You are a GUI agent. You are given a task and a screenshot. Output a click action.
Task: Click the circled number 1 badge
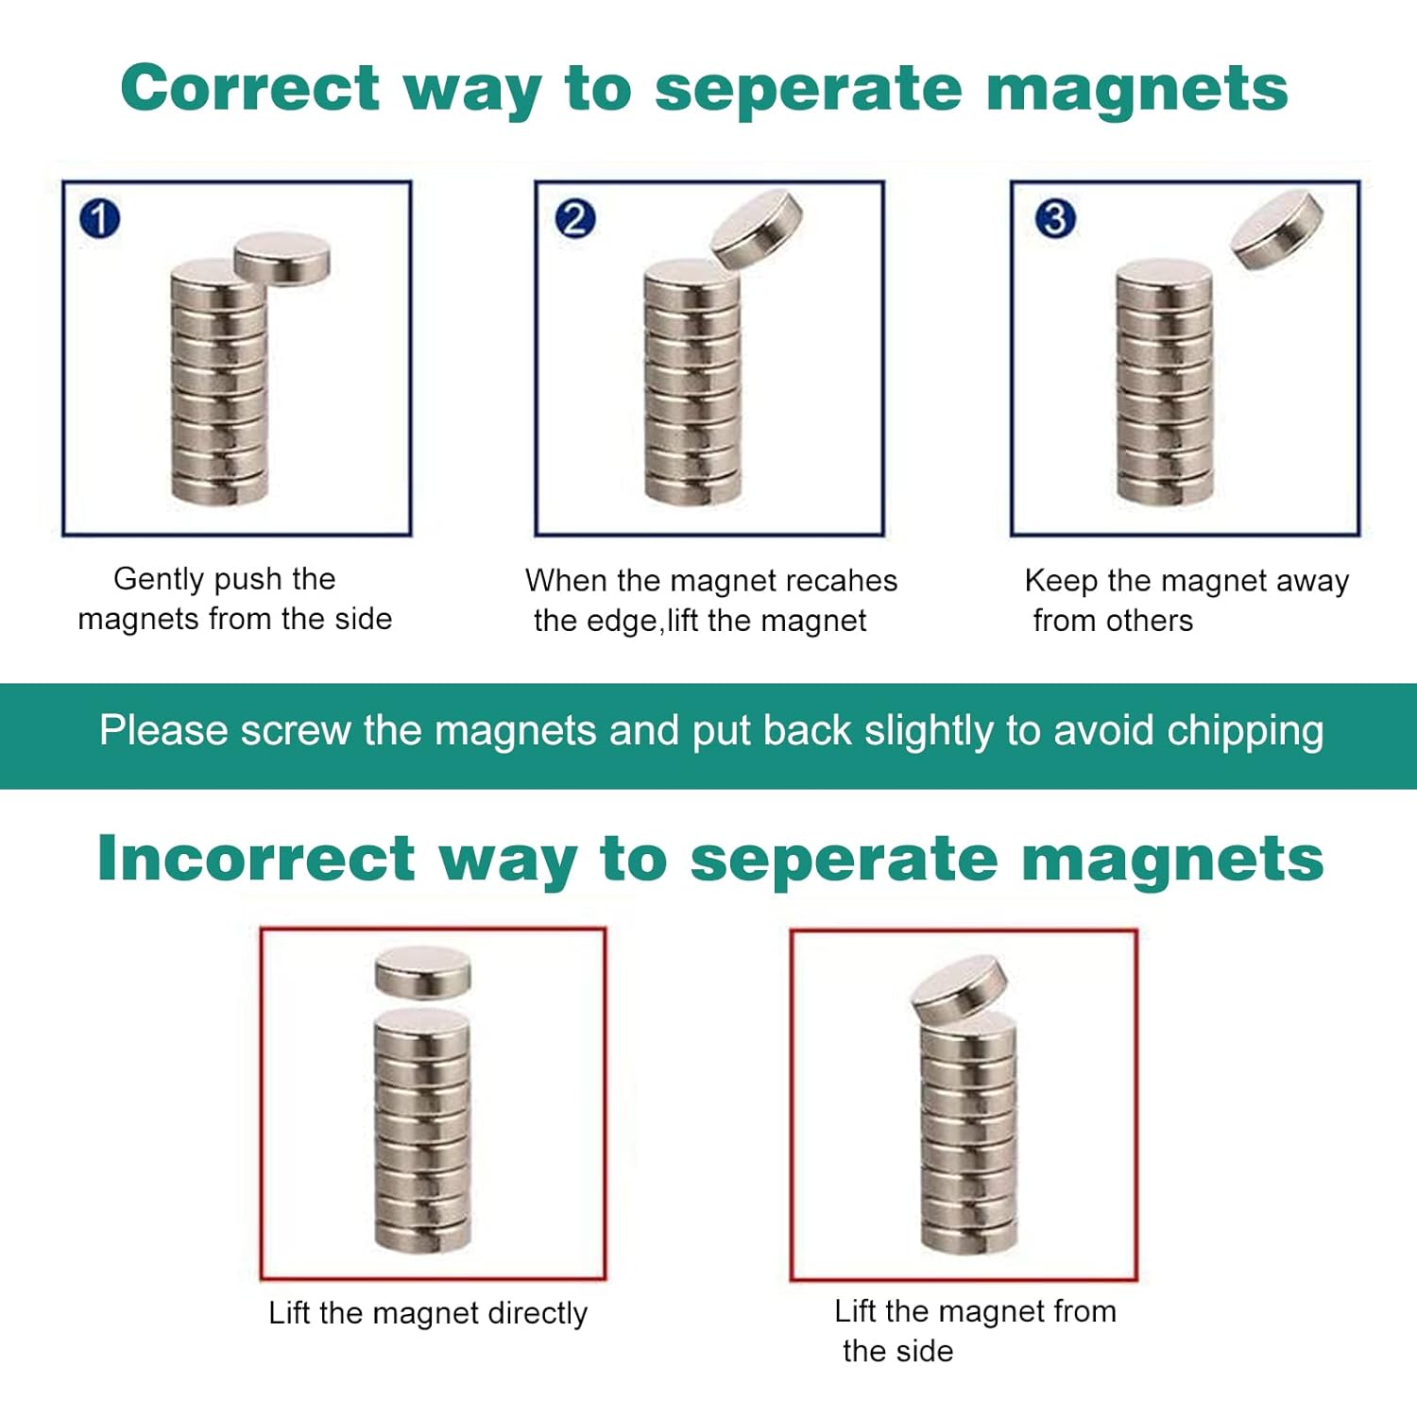coord(100,219)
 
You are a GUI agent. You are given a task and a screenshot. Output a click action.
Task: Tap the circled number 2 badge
coord(574,219)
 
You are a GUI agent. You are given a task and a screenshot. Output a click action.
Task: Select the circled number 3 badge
coord(1055,219)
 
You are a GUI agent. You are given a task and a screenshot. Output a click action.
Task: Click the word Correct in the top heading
coord(249,88)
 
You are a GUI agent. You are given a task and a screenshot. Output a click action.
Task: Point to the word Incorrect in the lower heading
coord(256,859)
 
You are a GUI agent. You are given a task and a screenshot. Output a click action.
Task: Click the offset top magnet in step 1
coord(282,257)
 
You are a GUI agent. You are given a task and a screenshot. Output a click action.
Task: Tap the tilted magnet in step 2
coord(757,228)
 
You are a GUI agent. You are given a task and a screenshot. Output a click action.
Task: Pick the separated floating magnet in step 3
coord(1277,229)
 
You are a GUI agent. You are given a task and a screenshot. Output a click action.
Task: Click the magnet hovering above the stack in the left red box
coord(422,972)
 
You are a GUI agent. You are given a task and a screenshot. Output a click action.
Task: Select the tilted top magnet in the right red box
coord(959,989)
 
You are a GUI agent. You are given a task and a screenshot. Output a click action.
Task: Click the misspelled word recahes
coord(845,580)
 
